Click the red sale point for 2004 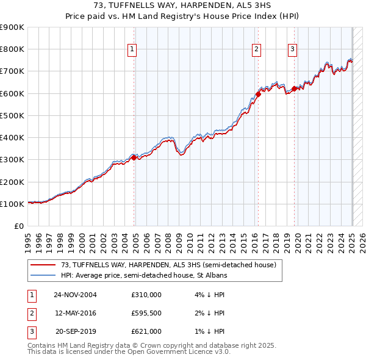pos(134,157)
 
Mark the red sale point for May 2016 pos(258,94)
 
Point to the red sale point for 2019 pos(294,88)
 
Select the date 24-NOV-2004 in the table pos(75,295)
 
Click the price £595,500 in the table pos(146,313)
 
